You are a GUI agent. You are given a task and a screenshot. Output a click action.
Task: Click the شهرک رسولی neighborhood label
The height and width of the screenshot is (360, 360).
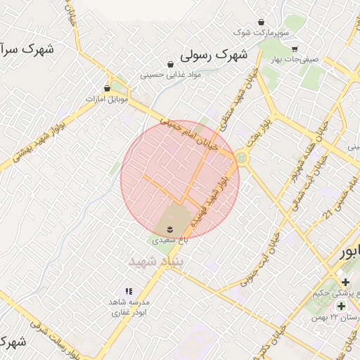point(213,54)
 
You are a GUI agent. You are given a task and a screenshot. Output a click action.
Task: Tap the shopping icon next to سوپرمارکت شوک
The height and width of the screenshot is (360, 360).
point(262,22)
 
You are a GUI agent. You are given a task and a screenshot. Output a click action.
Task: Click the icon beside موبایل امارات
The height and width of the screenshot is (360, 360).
point(107,88)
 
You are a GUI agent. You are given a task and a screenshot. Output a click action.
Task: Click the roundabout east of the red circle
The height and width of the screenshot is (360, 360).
point(243,157)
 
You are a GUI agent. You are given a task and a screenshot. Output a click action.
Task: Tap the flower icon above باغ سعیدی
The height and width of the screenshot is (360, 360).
point(170,229)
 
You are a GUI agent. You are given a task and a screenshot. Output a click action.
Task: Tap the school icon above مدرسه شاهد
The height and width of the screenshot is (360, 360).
point(128,290)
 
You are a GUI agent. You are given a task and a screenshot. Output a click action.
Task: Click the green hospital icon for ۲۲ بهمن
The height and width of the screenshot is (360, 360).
point(341,307)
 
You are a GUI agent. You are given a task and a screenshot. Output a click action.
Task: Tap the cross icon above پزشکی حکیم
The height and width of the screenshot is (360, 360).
point(345,282)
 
